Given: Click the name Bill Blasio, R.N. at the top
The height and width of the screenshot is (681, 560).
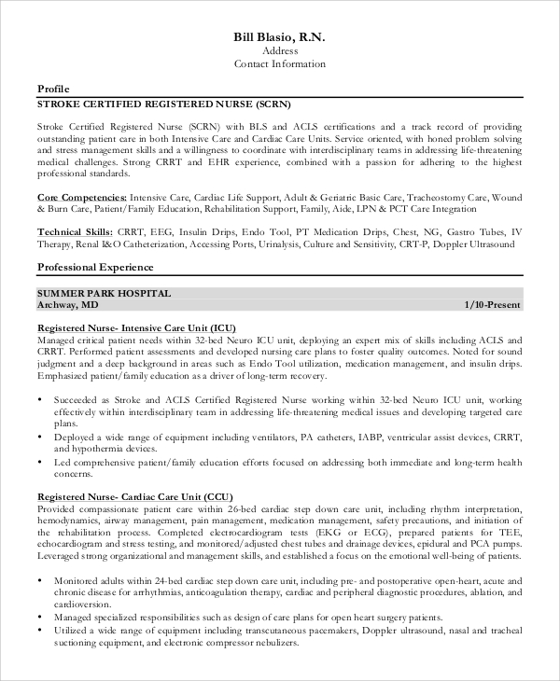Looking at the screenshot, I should tap(279, 35).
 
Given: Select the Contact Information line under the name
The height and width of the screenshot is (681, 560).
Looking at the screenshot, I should tap(279, 64).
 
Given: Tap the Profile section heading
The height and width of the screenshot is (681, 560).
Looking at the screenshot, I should tap(52, 88).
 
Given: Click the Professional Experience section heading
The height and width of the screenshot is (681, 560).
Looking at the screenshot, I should tap(95, 267).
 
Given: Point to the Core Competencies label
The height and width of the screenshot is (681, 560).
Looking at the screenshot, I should tap(82, 198).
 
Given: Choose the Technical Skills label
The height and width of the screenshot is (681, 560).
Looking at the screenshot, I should tap(77, 231).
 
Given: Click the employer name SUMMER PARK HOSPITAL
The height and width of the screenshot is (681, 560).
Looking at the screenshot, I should tap(104, 293).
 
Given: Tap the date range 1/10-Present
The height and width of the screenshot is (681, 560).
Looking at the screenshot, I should tap(492, 305).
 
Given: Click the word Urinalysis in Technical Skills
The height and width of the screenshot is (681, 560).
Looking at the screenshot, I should tap(267, 244).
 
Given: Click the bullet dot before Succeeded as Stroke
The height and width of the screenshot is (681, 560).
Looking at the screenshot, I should tap(41, 398).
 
